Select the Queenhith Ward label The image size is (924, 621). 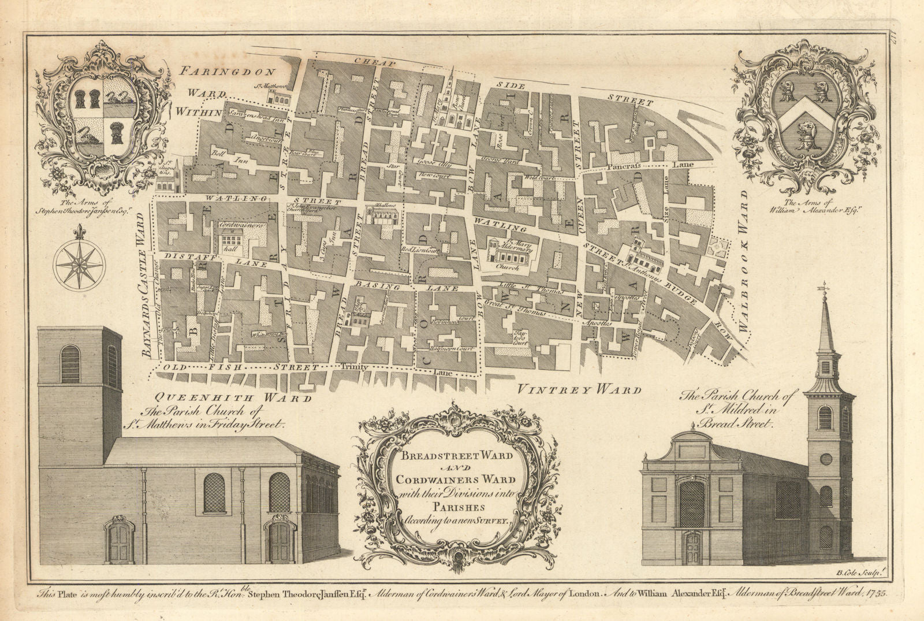234,397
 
